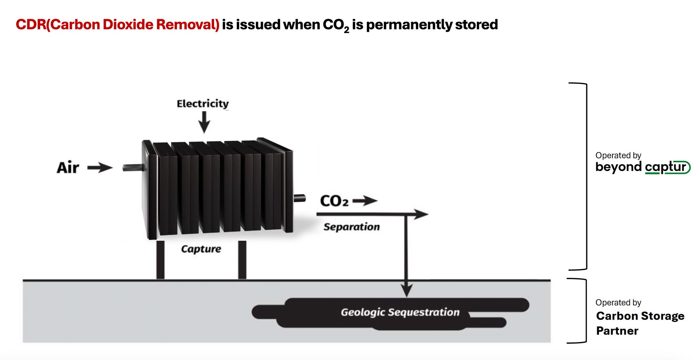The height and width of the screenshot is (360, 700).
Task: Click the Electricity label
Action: tap(203, 104)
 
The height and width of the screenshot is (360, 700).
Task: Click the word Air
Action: tap(68, 168)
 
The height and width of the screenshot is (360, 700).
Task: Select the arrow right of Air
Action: tap(100, 168)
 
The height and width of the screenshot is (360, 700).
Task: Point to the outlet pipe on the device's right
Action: tap(300, 198)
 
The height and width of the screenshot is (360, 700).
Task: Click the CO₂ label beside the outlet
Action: tap(334, 201)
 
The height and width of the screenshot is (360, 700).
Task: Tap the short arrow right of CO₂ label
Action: tap(365, 201)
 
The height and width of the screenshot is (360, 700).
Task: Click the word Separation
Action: tap(351, 227)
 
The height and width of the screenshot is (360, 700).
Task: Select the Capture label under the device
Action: tap(201, 249)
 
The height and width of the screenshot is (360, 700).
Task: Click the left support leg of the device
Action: tap(160, 260)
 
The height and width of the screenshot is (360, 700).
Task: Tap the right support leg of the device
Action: tap(242, 260)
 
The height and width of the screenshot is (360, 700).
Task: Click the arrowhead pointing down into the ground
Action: tap(407, 291)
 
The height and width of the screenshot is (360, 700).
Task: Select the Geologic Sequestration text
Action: tap(400, 312)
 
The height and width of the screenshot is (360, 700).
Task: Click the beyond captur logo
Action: tap(643, 167)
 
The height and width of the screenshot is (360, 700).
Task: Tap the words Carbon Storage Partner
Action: tap(640, 323)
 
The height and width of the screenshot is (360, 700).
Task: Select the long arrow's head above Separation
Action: tap(421, 214)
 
